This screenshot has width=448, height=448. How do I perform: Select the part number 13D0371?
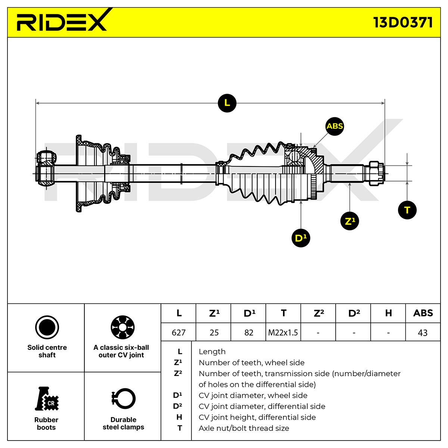[x=403, y=22]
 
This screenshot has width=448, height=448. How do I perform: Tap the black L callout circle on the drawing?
[x=227, y=103]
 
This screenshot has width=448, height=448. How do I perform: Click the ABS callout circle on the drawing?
[x=335, y=126]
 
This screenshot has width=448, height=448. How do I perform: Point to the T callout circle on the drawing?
[x=407, y=210]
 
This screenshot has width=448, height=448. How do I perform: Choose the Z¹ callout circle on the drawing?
[x=349, y=221]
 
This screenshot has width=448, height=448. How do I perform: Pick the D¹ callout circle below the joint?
[x=301, y=238]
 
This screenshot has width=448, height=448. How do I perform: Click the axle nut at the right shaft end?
[x=376, y=173]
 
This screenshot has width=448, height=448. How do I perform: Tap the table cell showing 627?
[x=178, y=333]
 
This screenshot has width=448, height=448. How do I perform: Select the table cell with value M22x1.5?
[x=283, y=333]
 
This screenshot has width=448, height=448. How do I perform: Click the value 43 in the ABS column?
[x=423, y=333]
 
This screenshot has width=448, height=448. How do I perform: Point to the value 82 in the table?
[x=249, y=333]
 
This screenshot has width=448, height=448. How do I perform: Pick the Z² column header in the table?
[x=319, y=313]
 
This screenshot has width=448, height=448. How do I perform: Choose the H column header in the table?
[x=389, y=313]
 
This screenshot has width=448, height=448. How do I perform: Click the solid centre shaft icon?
[x=47, y=327]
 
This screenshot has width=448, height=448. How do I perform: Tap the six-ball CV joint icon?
[x=122, y=327]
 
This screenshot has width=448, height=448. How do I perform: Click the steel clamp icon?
[x=123, y=398]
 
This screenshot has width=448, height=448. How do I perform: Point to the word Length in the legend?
[x=212, y=352]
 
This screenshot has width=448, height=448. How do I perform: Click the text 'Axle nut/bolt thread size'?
[x=244, y=428]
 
